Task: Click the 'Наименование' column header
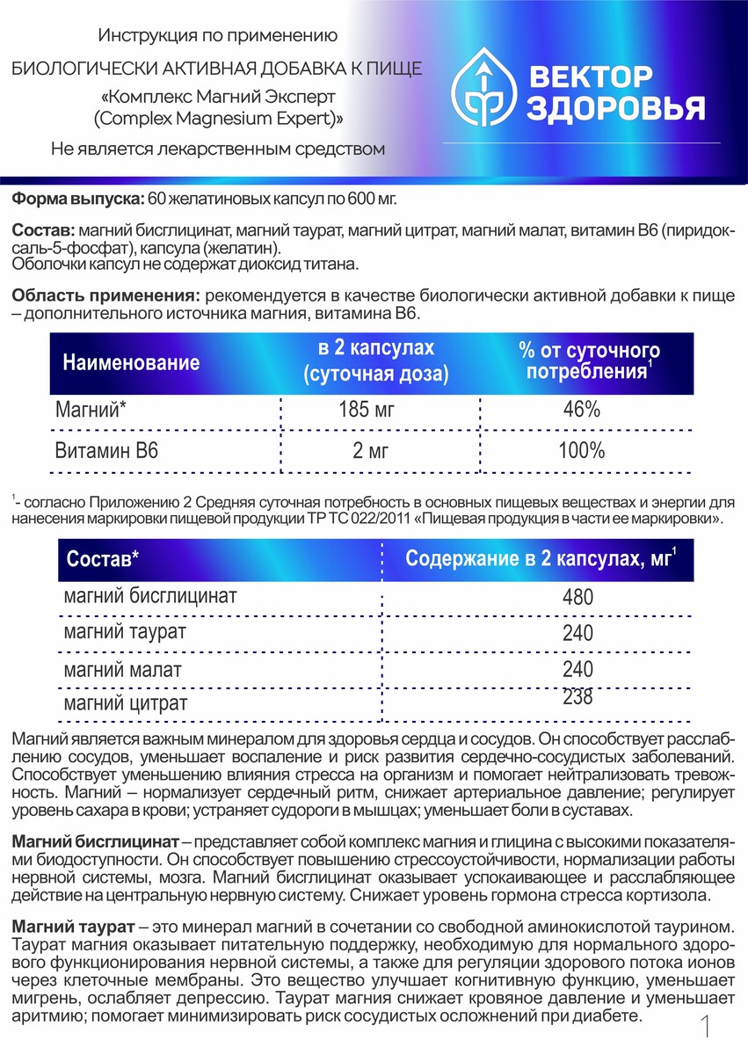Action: pyautogui.click(x=131, y=362)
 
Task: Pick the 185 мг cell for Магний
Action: pyautogui.click(x=370, y=410)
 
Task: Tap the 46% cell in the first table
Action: pyautogui.click(x=581, y=410)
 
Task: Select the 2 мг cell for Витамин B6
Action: pyautogui.click(x=370, y=452)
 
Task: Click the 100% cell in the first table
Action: pyautogui.click(x=581, y=452)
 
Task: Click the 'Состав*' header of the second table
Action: pyautogui.click(x=103, y=560)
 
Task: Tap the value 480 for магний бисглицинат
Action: pyautogui.click(x=577, y=598)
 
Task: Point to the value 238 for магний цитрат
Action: pyautogui.click(x=577, y=698)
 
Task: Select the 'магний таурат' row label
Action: pyautogui.click(x=125, y=632)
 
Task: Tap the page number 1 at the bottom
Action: pyautogui.click(x=706, y=1025)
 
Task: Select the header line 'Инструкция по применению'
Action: pyautogui.click(x=217, y=36)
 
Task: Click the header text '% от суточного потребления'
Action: pyautogui.click(x=589, y=361)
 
